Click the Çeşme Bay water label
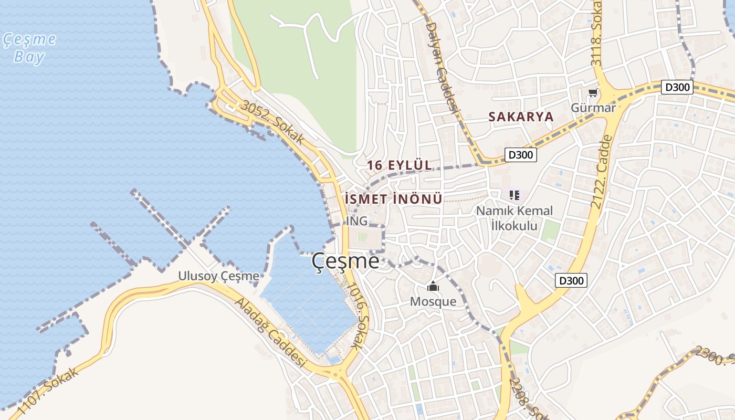(29, 48)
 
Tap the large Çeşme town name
(345, 261)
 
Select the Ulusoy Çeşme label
(218, 276)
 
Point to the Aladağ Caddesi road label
(270, 333)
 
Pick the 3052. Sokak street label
(272, 122)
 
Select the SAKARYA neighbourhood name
(521, 117)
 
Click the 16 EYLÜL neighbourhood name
(399, 165)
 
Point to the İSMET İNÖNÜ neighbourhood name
(394, 199)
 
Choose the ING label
(356, 221)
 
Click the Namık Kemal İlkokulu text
(514, 218)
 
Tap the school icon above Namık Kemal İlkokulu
(514, 196)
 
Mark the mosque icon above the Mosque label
(433, 287)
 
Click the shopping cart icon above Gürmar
(593, 93)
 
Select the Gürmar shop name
(593, 108)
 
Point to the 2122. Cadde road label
(601, 172)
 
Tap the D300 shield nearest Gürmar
(677, 87)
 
